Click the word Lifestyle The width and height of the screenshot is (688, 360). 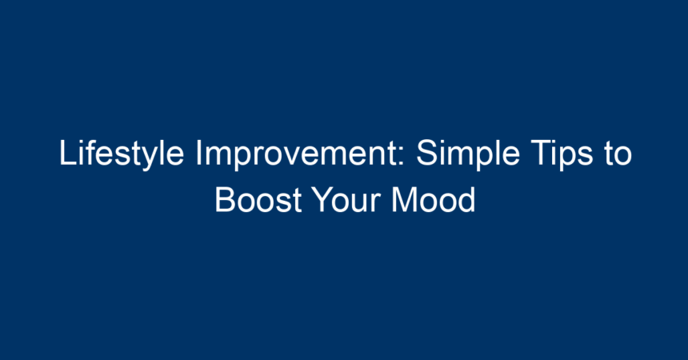[122, 154]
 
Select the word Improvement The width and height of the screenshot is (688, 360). [300, 154]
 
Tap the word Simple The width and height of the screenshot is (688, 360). [468, 154]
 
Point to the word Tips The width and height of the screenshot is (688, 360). [562, 154]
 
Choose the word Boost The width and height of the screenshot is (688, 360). [258, 200]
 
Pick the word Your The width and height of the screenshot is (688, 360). [346, 200]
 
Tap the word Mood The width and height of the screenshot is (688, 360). [434, 200]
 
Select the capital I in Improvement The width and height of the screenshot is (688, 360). [198, 152]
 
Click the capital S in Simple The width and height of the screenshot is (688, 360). [427, 152]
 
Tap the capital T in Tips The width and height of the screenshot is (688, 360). [542, 152]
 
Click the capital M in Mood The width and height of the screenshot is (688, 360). [404, 200]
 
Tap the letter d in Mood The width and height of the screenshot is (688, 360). [466, 200]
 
